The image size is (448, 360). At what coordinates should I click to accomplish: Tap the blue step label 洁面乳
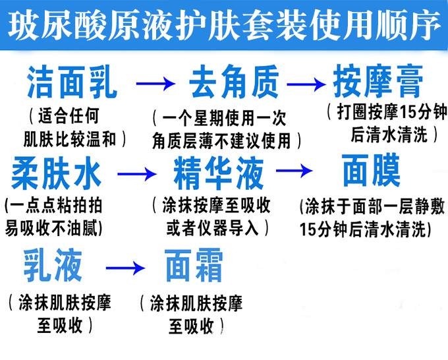point(72,83)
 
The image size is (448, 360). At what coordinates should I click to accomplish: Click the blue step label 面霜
point(194,266)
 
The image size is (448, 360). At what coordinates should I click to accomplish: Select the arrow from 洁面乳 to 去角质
point(156,84)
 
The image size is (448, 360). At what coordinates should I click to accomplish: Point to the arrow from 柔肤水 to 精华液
point(138,174)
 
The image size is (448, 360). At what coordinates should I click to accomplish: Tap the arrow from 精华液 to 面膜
point(294,171)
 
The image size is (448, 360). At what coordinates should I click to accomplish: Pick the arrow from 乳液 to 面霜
point(125,268)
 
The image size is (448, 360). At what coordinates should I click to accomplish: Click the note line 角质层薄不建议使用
point(226,140)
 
